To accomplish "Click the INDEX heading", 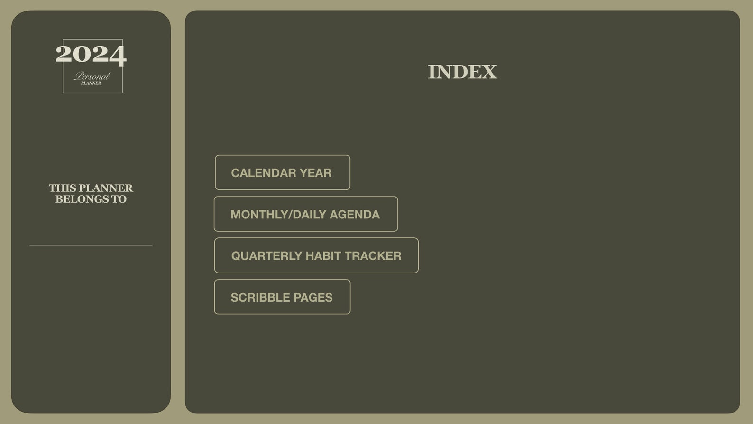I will click(462, 72).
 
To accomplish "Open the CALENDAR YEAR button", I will click(283, 172).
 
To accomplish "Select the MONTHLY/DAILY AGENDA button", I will click(306, 214).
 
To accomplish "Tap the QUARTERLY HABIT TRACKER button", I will click(316, 255).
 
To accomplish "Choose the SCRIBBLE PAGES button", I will click(282, 297).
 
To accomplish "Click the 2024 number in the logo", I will click(91, 54).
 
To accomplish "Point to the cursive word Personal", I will click(92, 76).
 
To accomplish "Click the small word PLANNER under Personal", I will click(91, 83).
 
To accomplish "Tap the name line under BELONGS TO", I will click(91, 245).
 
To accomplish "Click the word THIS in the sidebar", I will click(62, 188).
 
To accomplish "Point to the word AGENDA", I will click(355, 215).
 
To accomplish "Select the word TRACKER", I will click(373, 256).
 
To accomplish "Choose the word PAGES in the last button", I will click(313, 298).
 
